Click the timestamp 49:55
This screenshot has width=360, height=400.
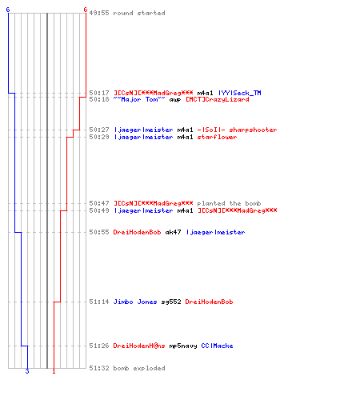click(x=99, y=13)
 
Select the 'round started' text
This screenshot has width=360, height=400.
click(x=139, y=13)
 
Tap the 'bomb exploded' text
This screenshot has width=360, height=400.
click(x=139, y=368)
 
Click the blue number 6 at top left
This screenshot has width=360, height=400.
click(x=8, y=10)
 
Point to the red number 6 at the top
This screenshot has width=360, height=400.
click(x=86, y=10)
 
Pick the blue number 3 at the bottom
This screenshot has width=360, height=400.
click(x=27, y=371)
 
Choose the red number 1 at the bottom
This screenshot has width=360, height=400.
click(x=54, y=371)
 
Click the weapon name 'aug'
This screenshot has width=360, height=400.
click(x=175, y=100)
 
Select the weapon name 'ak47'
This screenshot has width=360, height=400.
click(x=173, y=232)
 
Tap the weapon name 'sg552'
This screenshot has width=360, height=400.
click(x=171, y=302)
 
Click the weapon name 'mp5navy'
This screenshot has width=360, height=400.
click(x=183, y=346)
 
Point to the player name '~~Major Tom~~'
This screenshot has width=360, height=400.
click(x=139, y=99)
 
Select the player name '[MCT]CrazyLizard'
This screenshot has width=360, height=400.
click(x=218, y=99)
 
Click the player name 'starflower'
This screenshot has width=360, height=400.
click(x=217, y=137)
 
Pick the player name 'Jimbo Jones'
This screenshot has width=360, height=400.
click(x=135, y=302)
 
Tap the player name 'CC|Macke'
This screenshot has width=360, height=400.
click(x=217, y=346)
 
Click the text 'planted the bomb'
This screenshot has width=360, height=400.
click(x=229, y=203)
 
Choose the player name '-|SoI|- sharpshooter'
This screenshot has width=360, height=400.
click(x=237, y=130)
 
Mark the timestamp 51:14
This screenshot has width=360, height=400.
click(x=99, y=302)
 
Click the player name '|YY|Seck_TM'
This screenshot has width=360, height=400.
click(x=239, y=93)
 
